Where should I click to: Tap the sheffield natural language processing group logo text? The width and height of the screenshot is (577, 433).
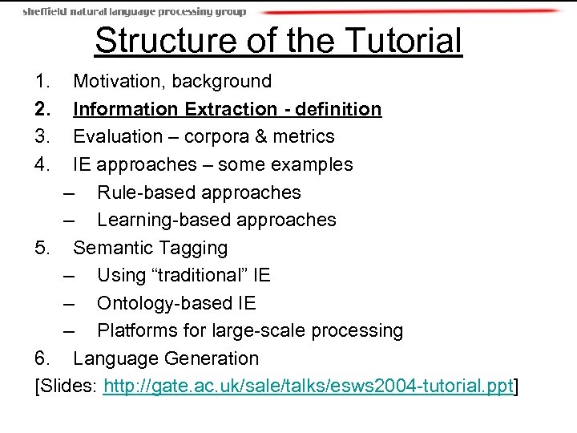click(135, 11)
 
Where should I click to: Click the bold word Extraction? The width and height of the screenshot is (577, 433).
click(231, 109)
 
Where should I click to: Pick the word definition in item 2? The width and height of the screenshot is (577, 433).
click(337, 109)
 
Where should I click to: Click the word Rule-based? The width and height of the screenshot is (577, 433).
click(147, 192)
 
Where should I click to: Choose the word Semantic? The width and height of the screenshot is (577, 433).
click(111, 248)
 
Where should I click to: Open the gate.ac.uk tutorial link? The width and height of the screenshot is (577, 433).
click(308, 387)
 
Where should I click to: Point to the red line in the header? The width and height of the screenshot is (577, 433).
click(409, 12)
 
